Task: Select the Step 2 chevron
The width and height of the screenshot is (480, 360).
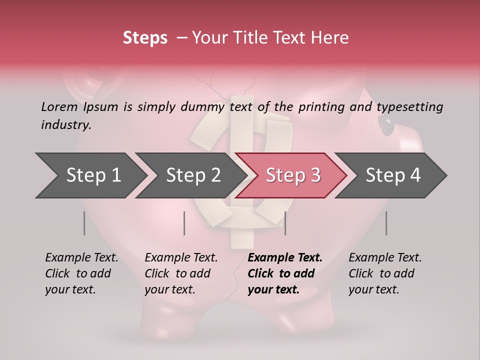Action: pyautogui.click(x=192, y=175)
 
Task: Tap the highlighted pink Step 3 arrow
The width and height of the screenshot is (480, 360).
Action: pyautogui.click(x=292, y=175)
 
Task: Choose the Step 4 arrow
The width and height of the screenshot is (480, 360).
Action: pyautogui.click(x=392, y=175)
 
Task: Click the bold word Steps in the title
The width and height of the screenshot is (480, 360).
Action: pyautogui.click(x=145, y=38)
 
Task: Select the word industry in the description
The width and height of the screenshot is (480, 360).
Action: pyautogui.click(x=66, y=125)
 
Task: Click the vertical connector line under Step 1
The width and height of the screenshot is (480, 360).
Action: pyautogui.click(x=84, y=223)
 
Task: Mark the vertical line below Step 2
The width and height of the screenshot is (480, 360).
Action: pyautogui.click(x=184, y=223)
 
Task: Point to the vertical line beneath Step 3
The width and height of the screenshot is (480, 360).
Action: pyautogui.click(x=285, y=223)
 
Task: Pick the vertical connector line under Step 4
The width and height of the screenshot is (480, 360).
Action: pyautogui.click(x=386, y=223)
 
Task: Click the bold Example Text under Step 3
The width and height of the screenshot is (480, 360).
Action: pyautogui.click(x=285, y=258)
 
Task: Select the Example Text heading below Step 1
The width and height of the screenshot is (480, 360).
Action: pyautogui.click(x=81, y=258)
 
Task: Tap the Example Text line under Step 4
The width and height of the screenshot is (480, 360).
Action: pyautogui.click(x=385, y=258)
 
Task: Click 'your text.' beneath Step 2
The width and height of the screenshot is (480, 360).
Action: pyautogui.click(x=170, y=289)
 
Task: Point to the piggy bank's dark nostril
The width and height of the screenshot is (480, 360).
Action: pyautogui.click(x=385, y=123)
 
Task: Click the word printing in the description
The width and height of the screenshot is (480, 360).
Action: pyautogui.click(x=323, y=107)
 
